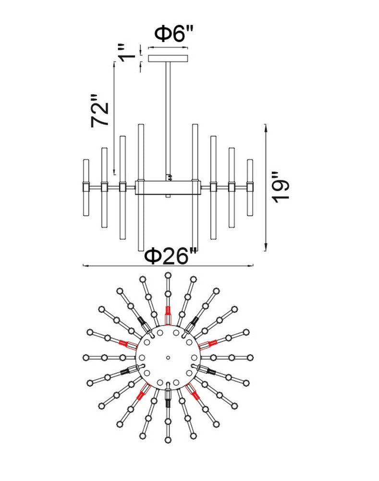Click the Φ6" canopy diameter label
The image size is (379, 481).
(174, 34)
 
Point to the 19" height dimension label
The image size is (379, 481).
(281, 187)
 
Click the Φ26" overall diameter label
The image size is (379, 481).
(171, 256)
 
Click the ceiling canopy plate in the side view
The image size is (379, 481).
(168, 58)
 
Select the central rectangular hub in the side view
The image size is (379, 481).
(168, 187)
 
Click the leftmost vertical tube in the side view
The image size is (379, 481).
(86, 188)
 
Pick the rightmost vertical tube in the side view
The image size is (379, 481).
(250, 188)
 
